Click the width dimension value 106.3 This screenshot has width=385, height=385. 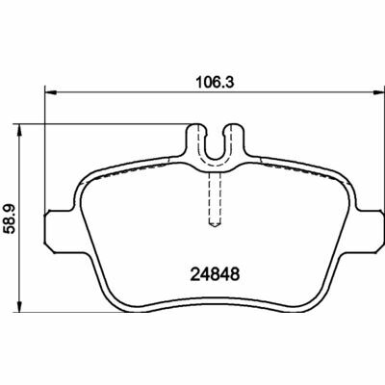[216, 83]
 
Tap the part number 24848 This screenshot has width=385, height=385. [215, 274]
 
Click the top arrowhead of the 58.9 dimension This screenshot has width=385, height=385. [20, 130]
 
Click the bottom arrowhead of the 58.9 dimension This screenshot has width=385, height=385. [20, 306]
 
